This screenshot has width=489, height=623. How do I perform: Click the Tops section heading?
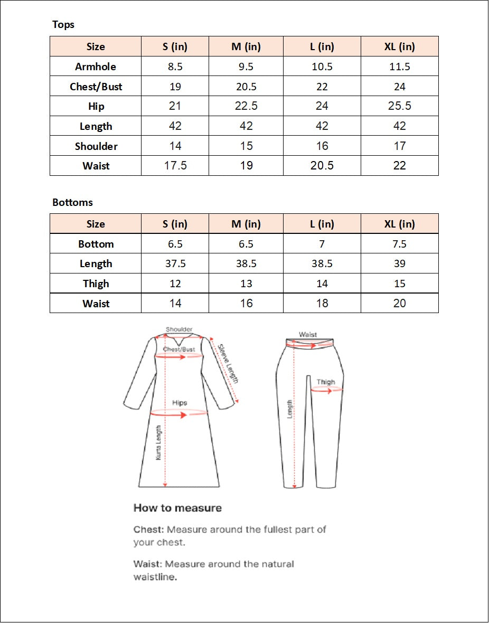[63, 25]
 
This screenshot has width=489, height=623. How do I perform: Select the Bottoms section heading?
[72, 202]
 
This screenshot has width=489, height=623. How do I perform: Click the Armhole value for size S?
[175, 67]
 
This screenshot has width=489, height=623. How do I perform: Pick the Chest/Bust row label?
[96, 87]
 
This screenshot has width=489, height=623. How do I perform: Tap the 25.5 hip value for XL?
[400, 106]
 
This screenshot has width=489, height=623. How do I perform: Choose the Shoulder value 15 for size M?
[246, 146]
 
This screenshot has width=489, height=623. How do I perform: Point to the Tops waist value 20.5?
[322, 166]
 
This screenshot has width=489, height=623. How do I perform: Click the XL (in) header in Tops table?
[400, 46]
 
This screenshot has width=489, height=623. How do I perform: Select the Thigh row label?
[96, 284]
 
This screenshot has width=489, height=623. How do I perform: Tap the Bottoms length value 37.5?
[175, 263]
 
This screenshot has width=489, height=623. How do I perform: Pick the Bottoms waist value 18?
[322, 304]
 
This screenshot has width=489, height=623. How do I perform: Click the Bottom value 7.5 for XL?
[400, 244]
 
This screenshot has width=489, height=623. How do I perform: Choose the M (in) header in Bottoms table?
[246, 224]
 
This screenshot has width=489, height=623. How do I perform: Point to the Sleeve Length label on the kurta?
[229, 364]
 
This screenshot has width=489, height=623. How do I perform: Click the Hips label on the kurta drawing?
[180, 403]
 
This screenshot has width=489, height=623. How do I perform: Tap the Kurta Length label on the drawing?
[158, 443]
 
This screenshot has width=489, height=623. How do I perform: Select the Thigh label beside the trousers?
[326, 382]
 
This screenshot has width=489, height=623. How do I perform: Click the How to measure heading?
[177, 508]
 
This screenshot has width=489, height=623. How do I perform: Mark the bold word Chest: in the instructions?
[149, 529]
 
